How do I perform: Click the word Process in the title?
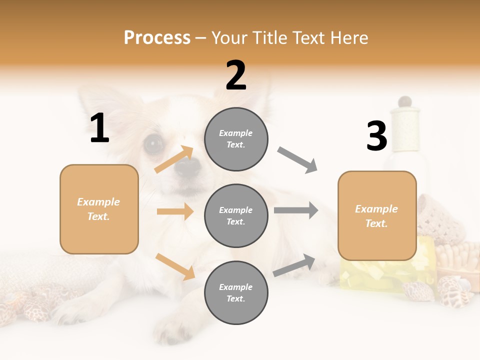point(157,37)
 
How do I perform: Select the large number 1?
point(99,128)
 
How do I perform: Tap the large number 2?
point(236,75)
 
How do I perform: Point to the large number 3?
point(376,136)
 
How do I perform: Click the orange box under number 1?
point(99,209)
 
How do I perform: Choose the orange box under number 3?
point(377,215)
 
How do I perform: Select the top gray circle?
point(236,139)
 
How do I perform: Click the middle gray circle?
point(236,215)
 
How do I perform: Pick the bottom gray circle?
point(236,292)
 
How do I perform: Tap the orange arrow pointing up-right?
point(174,159)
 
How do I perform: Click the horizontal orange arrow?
point(175,211)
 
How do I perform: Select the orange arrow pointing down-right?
point(175,266)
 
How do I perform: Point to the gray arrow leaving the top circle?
point(297,160)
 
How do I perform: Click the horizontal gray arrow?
point(296,210)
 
